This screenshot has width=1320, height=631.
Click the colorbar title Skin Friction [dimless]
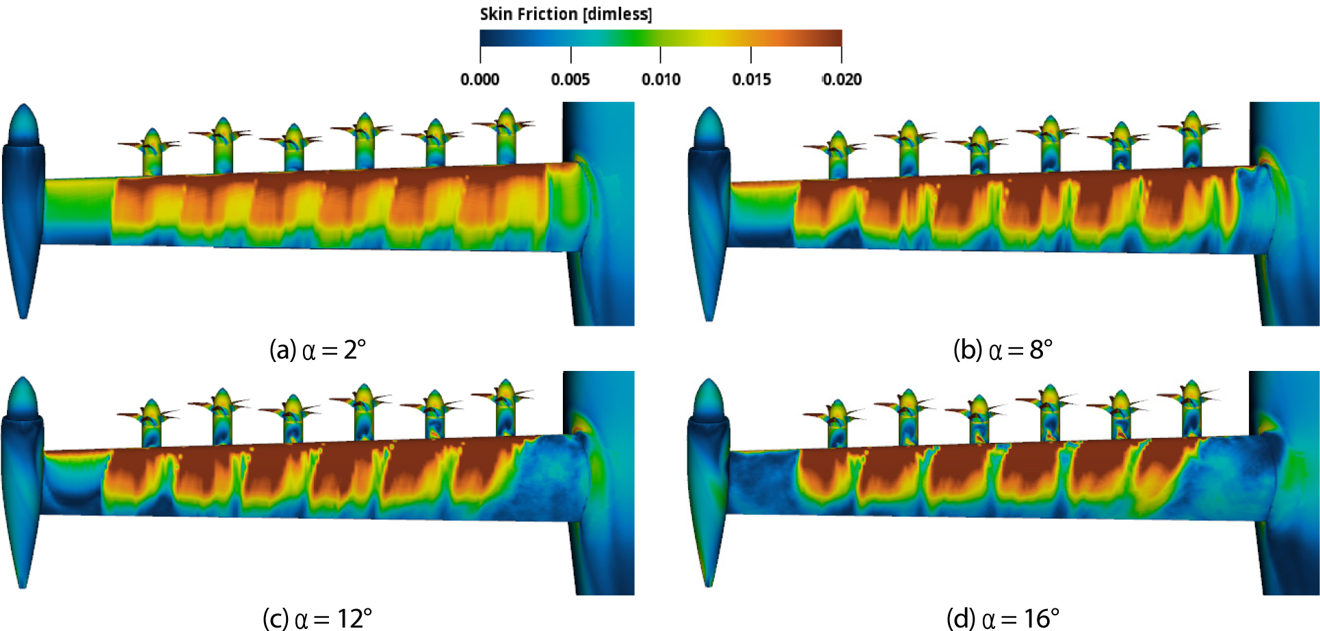tap(566, 14)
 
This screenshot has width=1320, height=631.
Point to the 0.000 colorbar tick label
tap(479, 79)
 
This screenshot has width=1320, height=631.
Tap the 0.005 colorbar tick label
tap(570, 79)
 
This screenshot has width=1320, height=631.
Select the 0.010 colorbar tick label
tap(661, 79)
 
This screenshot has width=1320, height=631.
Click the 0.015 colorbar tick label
tap(751, 79)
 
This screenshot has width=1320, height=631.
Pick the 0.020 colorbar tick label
tap(842, 79)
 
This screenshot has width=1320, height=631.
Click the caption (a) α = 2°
tap(317, 350)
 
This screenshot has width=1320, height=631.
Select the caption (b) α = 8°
tap(1003, 350)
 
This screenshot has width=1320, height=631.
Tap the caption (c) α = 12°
tap(317, 619)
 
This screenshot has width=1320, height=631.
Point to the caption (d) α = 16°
tap(1003, 619)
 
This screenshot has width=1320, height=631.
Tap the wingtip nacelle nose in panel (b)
tap(710, 127)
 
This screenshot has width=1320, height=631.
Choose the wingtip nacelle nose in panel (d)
tap(709, 398)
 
